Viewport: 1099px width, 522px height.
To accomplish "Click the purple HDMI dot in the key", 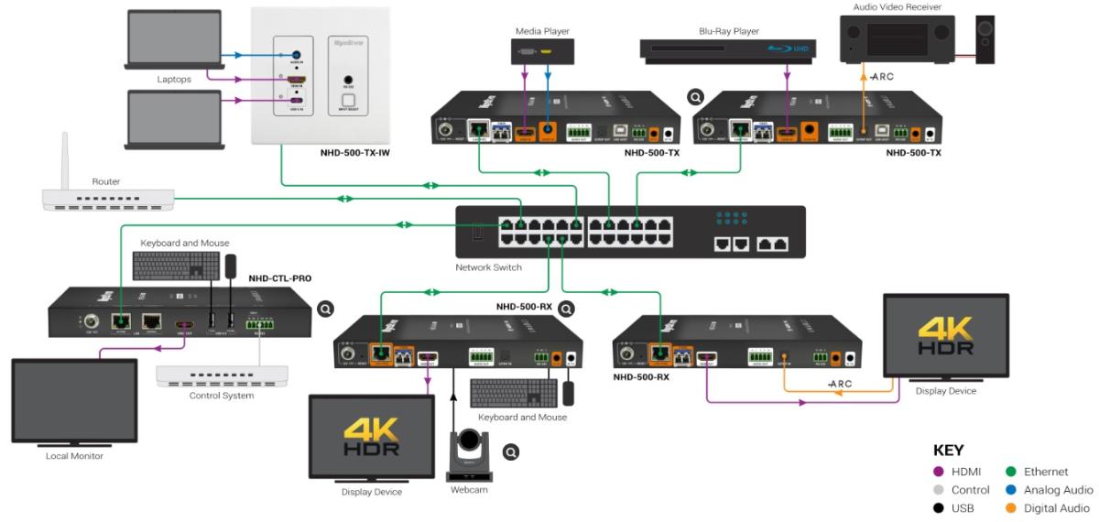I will coord(939,472).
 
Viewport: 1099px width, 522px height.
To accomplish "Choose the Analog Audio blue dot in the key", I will coord(1013,490).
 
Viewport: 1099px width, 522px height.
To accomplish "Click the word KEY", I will coord(948,451).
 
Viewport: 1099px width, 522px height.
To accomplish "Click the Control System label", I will coord(221,395).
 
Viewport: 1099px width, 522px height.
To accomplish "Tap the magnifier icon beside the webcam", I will coord(511,451).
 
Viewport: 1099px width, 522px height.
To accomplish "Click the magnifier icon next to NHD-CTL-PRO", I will coord(325,310).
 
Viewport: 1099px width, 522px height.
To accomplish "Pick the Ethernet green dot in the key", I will coord(1013,472).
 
